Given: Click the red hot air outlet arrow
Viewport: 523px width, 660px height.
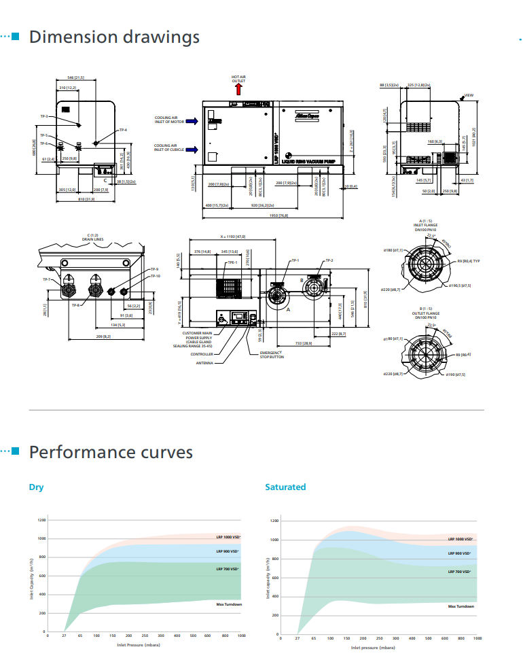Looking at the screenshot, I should click(x=238, y=88).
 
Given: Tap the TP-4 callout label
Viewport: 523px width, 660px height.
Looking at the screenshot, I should click(x=123, y=129).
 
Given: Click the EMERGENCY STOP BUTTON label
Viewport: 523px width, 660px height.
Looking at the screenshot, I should click(x=272, y=354).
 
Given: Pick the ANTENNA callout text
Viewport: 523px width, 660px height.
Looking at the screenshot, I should click(x=204, y=363).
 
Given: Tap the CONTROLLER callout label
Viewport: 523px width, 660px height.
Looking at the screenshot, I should click(x=202, y=354).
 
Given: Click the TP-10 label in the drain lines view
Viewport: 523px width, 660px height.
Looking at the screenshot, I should click(x=155, y=276).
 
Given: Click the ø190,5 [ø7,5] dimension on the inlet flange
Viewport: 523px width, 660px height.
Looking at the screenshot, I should click(x=460, y=286).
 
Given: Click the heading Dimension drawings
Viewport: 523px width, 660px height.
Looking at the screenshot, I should click(x=114, y=37).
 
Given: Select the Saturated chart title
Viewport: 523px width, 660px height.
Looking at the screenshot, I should click(x=285, y=487).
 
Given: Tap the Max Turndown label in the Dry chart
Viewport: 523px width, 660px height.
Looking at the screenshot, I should click(x=229, y=604).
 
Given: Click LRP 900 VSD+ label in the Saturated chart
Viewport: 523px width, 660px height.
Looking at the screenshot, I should click(x=461, y=553).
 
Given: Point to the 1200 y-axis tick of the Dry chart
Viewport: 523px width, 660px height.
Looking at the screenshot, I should click(x=42, y=519).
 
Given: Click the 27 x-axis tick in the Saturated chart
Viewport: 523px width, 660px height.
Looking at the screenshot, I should click(x=297, y=638).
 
